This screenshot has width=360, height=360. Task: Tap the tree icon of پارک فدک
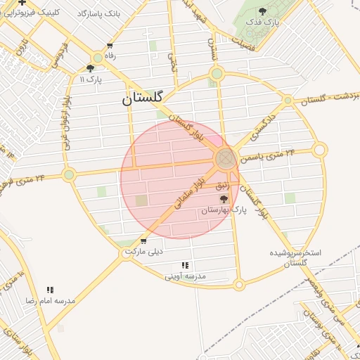point(263,11)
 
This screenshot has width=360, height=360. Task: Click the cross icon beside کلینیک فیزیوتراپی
point(22,2)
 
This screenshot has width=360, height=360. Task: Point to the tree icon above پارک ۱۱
point(90,68)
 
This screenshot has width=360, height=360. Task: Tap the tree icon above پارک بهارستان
point(224,199)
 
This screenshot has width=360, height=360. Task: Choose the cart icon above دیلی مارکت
point(143,241)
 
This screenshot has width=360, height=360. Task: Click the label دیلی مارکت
point(143,251)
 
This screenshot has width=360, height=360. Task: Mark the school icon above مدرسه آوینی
point(186,265)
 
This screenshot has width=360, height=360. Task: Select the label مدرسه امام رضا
point(50,300)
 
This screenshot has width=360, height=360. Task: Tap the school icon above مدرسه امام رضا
point(50,290)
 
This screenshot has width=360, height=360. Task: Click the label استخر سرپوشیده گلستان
point(295,257)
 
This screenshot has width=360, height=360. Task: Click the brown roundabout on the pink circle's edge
point(226,158)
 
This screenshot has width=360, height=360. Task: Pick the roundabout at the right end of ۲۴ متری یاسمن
point(320,150)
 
